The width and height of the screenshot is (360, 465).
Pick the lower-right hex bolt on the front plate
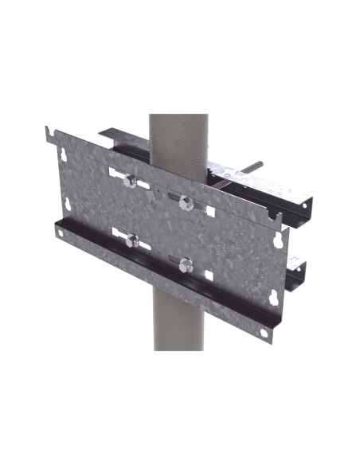pos(185,264)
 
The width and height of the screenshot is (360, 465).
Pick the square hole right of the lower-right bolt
pos(208,275)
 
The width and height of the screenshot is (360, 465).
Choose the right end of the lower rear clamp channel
pos(301,269)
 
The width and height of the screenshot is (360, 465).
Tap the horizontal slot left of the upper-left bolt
pos(114,173)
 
